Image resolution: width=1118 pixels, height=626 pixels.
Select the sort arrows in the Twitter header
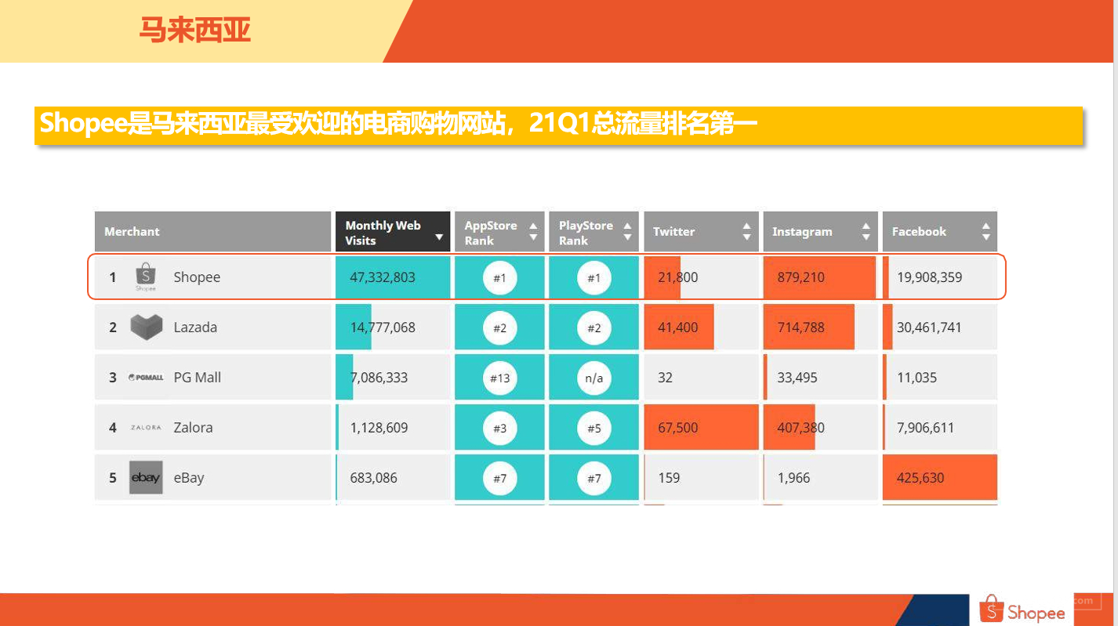click(746, 231)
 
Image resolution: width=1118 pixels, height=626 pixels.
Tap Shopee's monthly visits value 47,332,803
click(383, 277)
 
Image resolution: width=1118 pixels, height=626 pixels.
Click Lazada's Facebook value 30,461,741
click(929, 327)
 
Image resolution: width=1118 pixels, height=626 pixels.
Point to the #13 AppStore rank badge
click(499, 378)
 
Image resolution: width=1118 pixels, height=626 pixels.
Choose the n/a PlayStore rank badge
click(594, 378)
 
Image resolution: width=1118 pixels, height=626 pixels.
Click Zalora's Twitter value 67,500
click(677, 428)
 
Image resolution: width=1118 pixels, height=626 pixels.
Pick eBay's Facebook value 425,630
click(920, 478)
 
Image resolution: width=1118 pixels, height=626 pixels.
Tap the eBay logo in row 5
click(146, 477)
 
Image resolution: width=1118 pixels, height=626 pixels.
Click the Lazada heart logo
click(147, 327)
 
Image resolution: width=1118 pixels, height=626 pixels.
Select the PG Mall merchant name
click(197, 378)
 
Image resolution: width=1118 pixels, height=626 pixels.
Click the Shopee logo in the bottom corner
click(1022, 610)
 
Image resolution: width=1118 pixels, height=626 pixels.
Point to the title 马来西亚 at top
click(194, 30)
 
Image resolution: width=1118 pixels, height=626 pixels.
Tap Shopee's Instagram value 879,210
click(800, 277)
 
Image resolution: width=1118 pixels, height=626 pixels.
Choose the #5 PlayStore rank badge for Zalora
click(594, 428)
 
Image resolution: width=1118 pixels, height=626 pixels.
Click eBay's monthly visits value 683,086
click(373, 478)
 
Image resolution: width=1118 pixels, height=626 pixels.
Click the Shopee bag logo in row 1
click(146, 277)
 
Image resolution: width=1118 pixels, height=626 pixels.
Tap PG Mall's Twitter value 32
click(665, 378)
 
